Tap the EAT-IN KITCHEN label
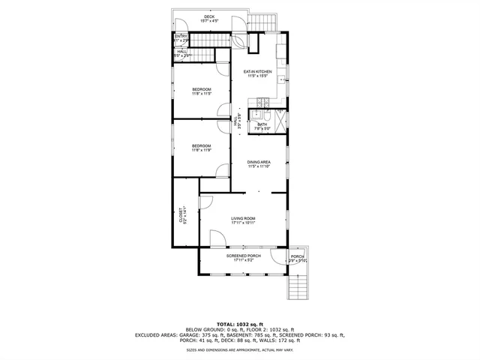click(x=258, y=73)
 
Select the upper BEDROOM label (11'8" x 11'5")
click(x=201, y=91)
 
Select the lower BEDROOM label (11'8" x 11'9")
click(x=201, y=148)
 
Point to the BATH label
click(x=262, y=126)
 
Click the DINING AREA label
click(x=259, y=163)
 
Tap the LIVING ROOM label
click(x=243, y=220)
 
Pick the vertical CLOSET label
click(x=181, y=216)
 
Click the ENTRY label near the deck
click(x=181, y=37)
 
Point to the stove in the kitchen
click(x=263, y=102)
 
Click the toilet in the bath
click(x=256, y=115)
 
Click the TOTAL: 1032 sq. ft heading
click(x=239, y=323)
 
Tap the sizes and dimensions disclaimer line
click(x=239, y=350)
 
